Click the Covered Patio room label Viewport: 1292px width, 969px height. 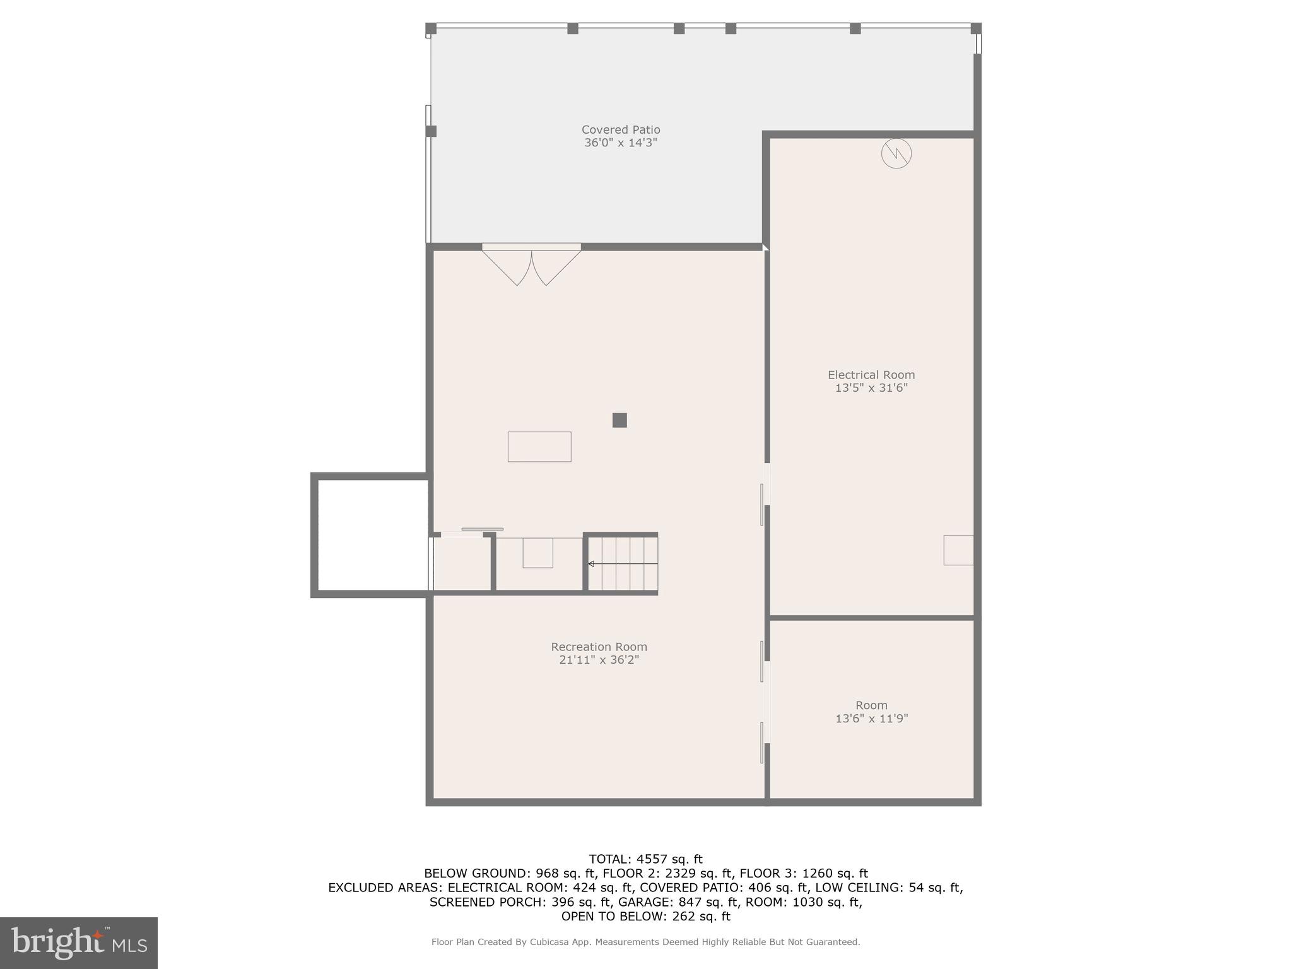click(x=621, y=129)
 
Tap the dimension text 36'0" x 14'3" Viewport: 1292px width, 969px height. click(x=621, y=143)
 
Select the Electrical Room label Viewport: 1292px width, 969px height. click(x=871, y=375)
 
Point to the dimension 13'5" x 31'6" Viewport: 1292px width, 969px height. click(x=871, y=388)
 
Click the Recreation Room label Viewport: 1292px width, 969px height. click(x=599, y=647)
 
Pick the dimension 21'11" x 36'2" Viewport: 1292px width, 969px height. click(x=599, y=660)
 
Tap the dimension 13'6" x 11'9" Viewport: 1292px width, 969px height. click(x=871, y=719)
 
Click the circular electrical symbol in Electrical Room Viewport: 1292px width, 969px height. click(x=896, y=153)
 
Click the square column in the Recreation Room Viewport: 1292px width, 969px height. click(x=620, y=420)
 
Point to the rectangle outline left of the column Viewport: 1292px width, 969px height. click(x=539, y=447)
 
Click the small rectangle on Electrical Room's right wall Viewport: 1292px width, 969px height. click(x=958, y=549)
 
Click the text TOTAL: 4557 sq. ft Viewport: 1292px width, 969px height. click(x=645, y=859)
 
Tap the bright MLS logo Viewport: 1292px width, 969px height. click(x=79, y=943)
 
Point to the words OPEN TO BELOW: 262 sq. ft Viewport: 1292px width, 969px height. click(x=645, y=916)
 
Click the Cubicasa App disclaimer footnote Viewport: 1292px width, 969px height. click(x=645, y=942)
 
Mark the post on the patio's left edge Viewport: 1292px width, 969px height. click(x=431, y=131)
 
